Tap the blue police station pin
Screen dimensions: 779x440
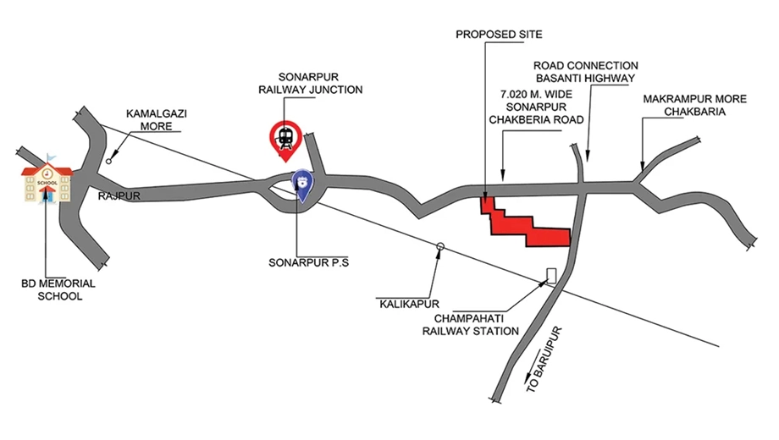302,185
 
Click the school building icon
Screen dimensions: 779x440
47,179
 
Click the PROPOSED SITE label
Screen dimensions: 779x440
499,34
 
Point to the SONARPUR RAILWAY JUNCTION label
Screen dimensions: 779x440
310,84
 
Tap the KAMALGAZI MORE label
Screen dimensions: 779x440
156,120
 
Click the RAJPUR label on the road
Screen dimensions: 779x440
119,196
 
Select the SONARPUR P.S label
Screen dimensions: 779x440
308,262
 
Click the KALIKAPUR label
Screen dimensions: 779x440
409,304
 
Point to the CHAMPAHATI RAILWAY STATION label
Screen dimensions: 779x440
470,325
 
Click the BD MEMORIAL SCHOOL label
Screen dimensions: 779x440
58,290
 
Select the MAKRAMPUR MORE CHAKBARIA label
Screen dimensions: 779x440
694,105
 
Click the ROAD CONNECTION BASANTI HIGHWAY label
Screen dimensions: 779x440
585,72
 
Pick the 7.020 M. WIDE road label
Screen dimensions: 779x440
536,95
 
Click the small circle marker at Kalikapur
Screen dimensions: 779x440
439,246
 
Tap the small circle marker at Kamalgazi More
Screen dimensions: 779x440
108,162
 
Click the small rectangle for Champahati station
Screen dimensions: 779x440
551,276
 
